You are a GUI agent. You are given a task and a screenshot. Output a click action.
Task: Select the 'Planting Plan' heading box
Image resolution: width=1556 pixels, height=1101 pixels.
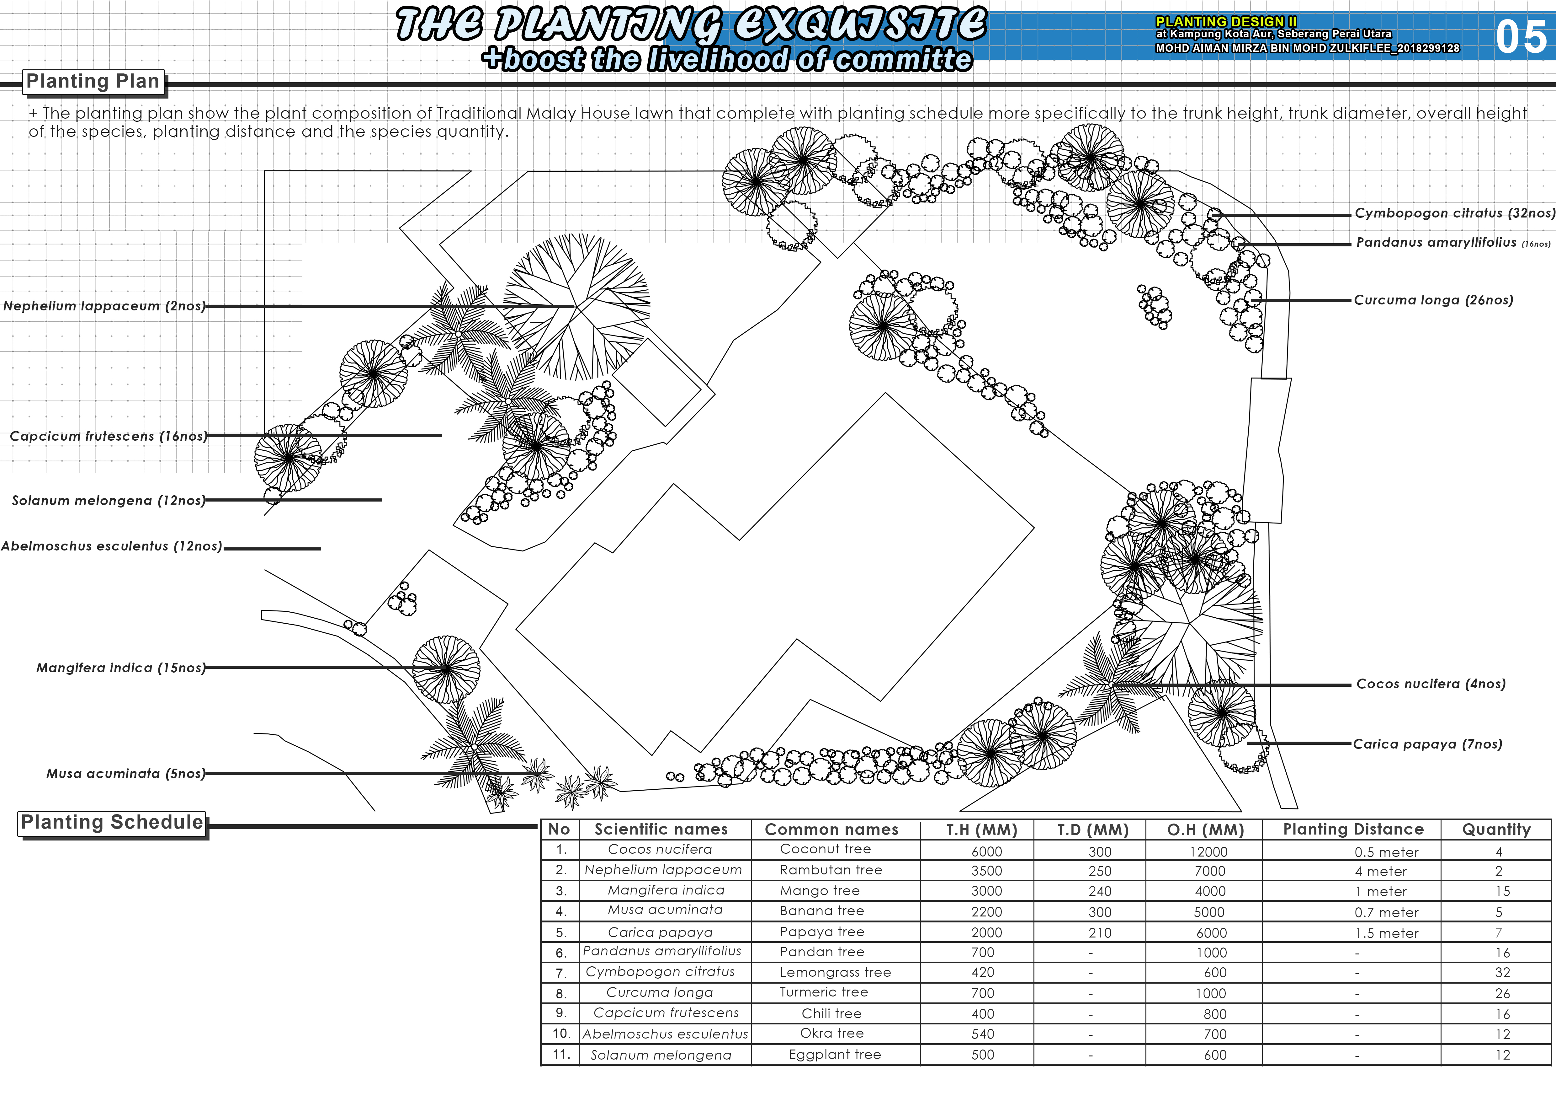[x=93, y=81]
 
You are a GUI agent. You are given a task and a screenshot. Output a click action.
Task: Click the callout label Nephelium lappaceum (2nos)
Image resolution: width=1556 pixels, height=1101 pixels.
[x=104, y=306]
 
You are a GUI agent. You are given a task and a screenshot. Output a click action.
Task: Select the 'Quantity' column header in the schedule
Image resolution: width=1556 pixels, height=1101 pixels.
[x=1496, y=829]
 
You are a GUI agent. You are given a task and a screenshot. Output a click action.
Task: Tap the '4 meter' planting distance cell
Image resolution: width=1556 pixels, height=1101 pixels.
[x=1380, y=871]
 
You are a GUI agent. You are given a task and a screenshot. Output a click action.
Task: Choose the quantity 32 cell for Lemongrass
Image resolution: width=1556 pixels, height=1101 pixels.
[x=1502, y=972]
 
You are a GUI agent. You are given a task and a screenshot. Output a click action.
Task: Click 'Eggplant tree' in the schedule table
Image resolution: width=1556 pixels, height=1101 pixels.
[x=834, y=1054]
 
